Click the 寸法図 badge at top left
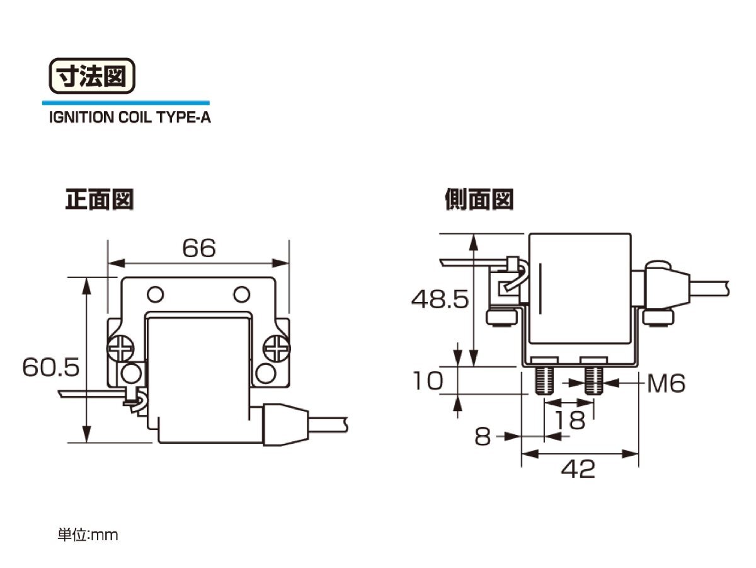pyautogui.click(x=92, y=76)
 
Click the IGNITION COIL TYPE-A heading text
pyautogui.click(x=130, y=117)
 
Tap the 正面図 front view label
pyautogui.click(x=99, y=199)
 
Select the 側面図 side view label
pyautogui.click(x=479, y=199)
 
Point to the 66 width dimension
pyautogui.click(x=199, y=248)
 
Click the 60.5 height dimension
pyautogui.click(x=51, y=367)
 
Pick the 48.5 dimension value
pyautogui.click(x=440, y=299)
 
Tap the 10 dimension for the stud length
pyautogui.click(x=428, y=381)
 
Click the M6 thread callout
pyautogui.click(x=666, y=383)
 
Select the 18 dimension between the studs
pyautogui.click(x=571, y=420)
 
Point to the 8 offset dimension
pyautogui.click(x=483, y=436)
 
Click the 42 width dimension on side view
pyautogui.click(x=578, y=469)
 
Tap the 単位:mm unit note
pyautogui.click(x=88, y=535)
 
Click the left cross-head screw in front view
pyautogui.click(x=120, y=349)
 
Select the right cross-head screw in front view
pyautogui.click(x=277, y=349)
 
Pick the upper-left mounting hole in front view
pyautogui.click(x=156, y=294)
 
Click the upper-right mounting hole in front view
pyautogui.click(x=242, y=294)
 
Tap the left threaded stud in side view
pyautogui.click(x=544, y=381)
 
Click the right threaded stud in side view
pyautogui.click(x=593, y=381)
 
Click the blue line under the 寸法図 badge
pyautogui.click(x=126, y=103)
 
